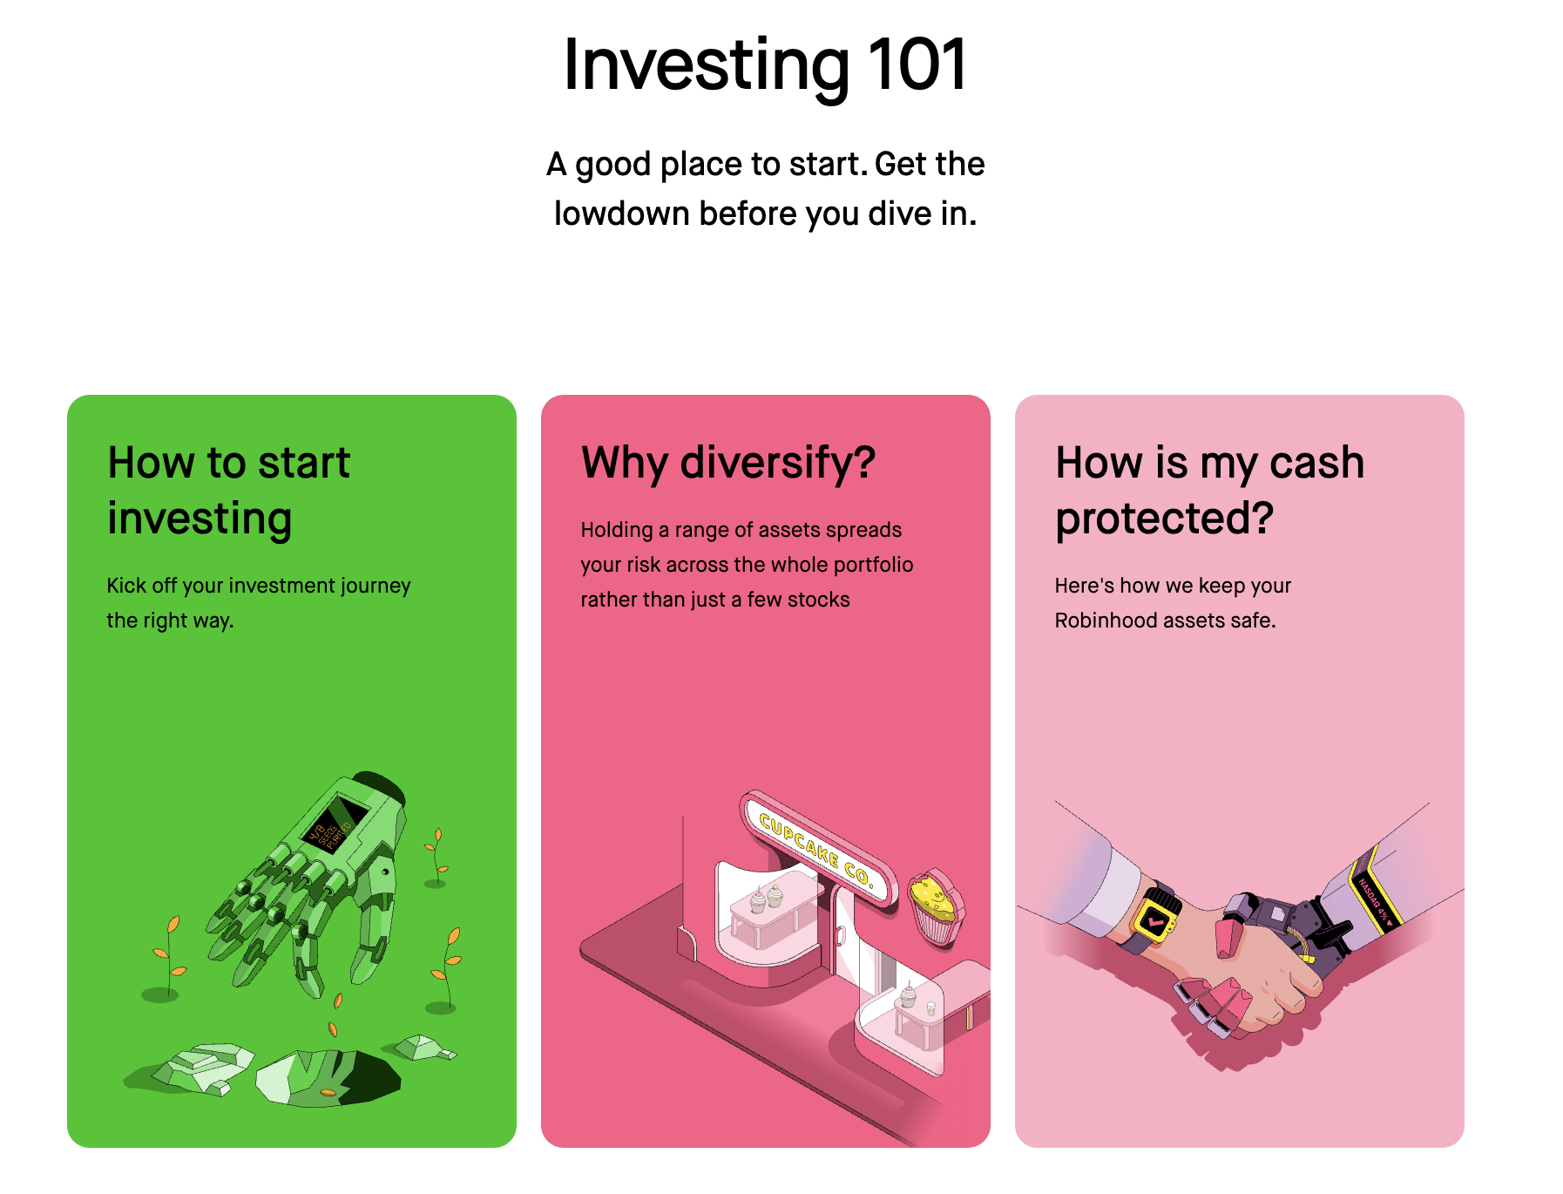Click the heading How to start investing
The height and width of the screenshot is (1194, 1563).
pyautogui.click(x=228, y=490)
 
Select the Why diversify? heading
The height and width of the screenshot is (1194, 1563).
pyautogui.click(x=728, y=463)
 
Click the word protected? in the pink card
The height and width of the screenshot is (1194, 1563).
pyautogui.click(x=1164, y=519)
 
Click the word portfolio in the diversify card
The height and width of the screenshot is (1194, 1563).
pyautogui.click(x=873, y=565)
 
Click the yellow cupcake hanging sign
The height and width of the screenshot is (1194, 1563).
pyautogui.click(x=934, y=906)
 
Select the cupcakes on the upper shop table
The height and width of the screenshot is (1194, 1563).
pyautogui.click(x=766, y=899)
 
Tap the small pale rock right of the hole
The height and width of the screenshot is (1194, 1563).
pyautogui.click(x=423, y=1047)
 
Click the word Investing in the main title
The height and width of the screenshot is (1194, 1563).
pyautogui.click(x=706, y=65)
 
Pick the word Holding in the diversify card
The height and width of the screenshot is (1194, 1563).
pyautogui.click(x=616, y=530)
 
